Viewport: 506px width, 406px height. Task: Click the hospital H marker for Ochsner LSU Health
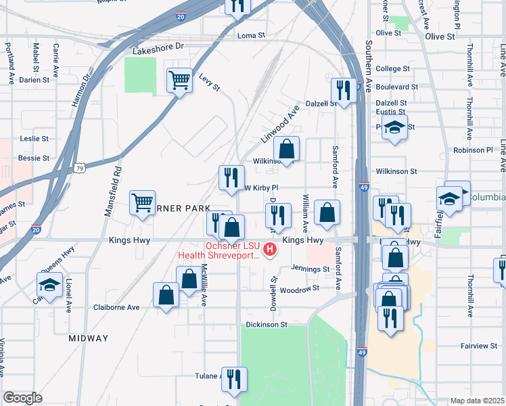click(271, 250)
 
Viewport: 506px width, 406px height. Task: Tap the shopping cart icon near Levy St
click(179, 81)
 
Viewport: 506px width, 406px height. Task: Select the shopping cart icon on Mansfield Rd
click(143, 202)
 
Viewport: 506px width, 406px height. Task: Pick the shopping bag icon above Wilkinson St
click(287, 149)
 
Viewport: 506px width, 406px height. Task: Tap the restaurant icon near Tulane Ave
click(234, 379)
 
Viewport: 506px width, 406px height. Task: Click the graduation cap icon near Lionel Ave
click(49, 285)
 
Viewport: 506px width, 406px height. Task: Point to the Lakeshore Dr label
click(158, 51)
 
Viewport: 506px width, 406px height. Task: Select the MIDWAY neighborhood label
click(88, 338)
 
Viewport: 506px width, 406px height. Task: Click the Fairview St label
click(478, 346)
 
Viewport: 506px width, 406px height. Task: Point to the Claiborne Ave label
click(116, 307)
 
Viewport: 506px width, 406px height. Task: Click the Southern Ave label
click(369, 58)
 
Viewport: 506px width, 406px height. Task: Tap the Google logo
click(23, 398)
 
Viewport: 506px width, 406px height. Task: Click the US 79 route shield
click(80, 167)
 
